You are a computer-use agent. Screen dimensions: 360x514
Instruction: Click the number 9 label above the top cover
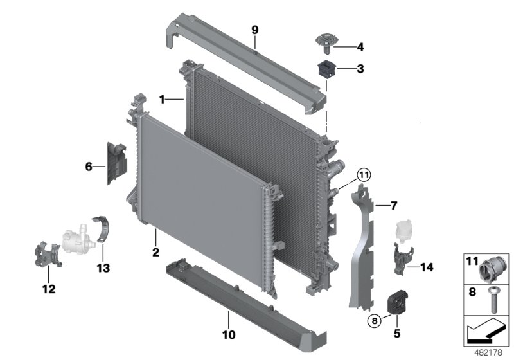(x=254, y=30)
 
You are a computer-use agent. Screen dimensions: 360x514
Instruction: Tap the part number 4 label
(x=360, y=46)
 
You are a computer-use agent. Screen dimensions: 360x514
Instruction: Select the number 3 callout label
(x=360, y=68)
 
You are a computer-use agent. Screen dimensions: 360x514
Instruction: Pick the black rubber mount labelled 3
(x=326, y=68)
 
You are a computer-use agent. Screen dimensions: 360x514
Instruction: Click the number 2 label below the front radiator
(x=155, y=253)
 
